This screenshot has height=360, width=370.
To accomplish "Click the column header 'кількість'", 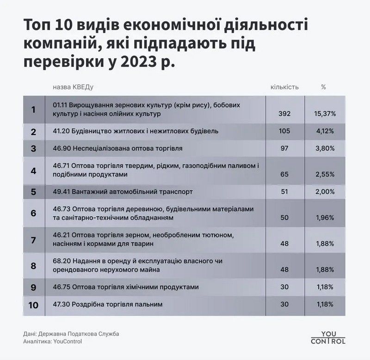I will pyautogui.click(x=284, y=87).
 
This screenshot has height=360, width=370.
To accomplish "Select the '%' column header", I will pyautogui.click(x=323, y=87).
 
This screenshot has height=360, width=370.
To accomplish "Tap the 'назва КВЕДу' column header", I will pyautogui.click(x=74, y=87).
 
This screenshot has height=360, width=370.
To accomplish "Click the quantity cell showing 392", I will pyautogui.click(x=284, y=113).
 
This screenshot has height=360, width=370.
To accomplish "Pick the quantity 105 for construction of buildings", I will pyautogui.click(x=284, y=131).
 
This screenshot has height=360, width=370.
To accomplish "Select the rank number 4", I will pyautogui.click(x=33, y=171).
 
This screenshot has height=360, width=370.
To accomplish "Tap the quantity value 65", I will pyautogui.click(x=284, y=175).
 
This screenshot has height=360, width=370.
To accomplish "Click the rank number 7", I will pyautogui.click(x=33, y=239).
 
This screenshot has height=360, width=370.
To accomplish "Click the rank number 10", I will pyautogui.click(x=33, y=305).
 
